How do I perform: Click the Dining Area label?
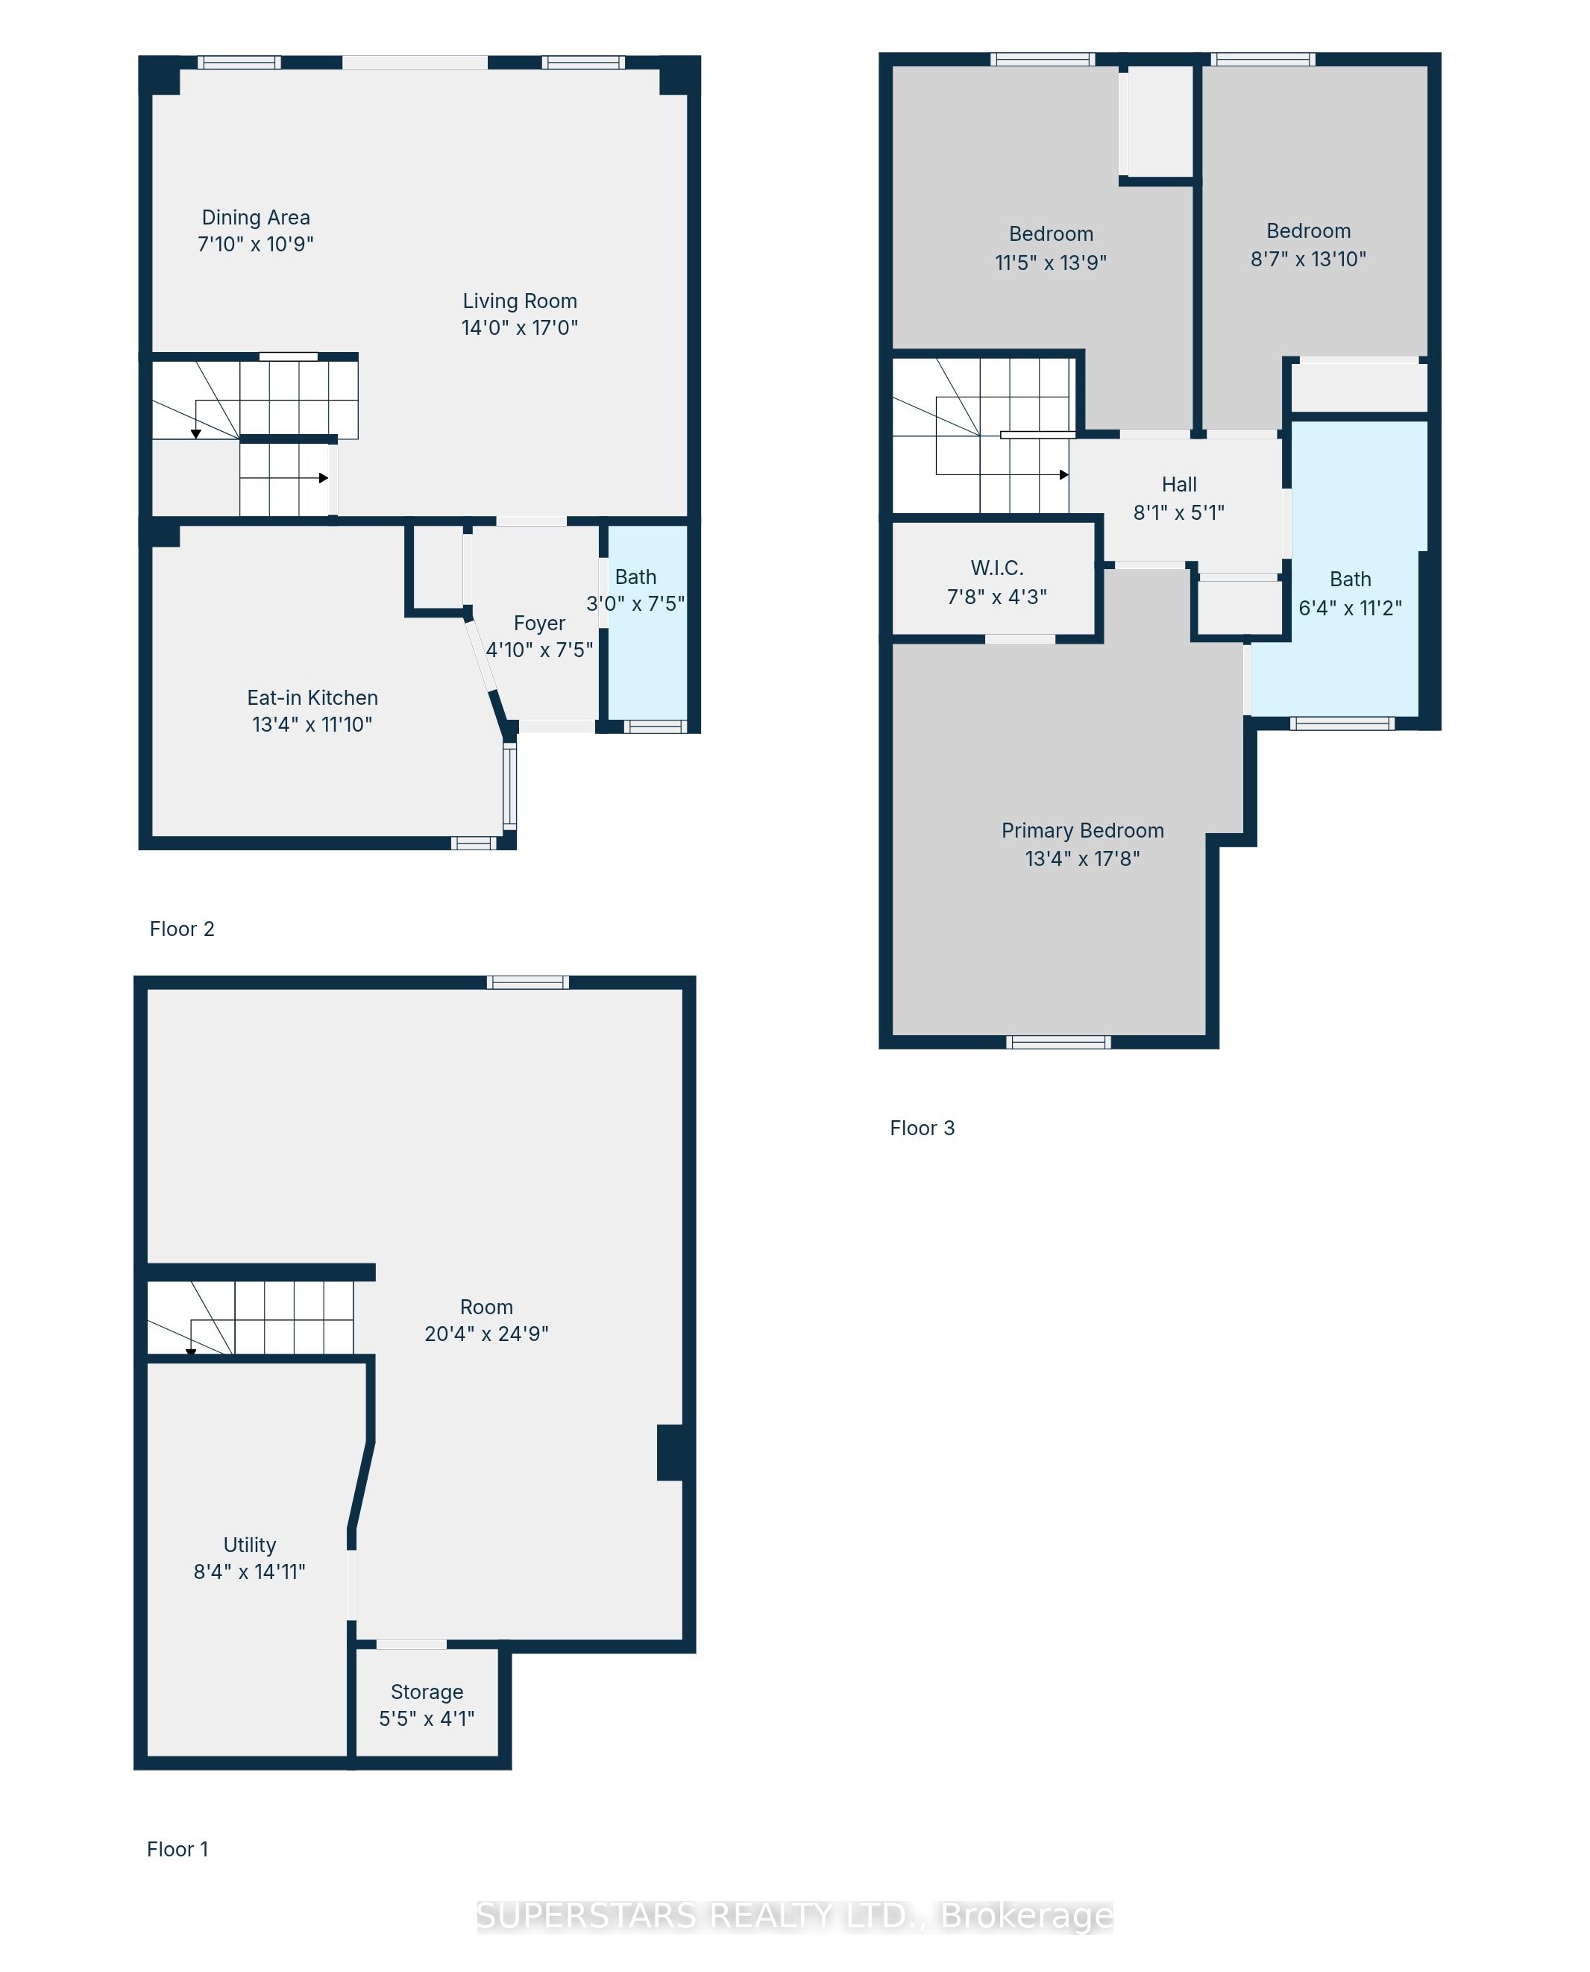(256, 218)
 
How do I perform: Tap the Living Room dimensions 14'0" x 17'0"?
(519, 328)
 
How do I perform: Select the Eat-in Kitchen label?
(312, 698)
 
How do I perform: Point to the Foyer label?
(539, 624)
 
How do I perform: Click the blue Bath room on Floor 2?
(647, 659)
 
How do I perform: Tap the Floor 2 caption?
(181, 929)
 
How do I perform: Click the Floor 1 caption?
(177, 1849)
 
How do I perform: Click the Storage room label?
(427, 1692)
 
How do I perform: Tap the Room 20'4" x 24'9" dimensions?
(486, 1334)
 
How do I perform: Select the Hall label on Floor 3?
(1179, 485)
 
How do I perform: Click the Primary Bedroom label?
(1083, 831)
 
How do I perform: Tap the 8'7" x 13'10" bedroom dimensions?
(1308, 260)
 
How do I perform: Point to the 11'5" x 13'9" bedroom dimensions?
(1051, 263)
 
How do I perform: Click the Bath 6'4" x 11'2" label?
(1350, 580)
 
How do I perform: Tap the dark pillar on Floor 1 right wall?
(671, 1453)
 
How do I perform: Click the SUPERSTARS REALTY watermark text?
(794, 1916)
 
